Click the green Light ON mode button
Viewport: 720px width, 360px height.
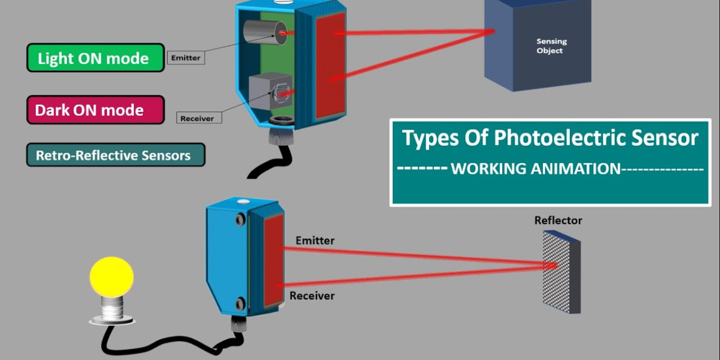point(95,58)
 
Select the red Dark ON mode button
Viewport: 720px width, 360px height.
point(95,110)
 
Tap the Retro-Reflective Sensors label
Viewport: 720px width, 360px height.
point(115,155)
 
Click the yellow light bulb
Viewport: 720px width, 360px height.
point(112,275)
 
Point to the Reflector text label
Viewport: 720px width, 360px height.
point(558,220)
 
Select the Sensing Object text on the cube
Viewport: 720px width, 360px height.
point(551,46)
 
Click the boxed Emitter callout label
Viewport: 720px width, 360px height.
point(186,58)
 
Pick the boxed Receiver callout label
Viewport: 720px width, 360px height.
point(197,118)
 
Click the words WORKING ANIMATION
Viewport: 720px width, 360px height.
point(536,169)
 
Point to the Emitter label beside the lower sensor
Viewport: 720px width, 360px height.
point(315,240)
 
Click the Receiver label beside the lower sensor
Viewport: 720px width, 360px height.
point(312,296)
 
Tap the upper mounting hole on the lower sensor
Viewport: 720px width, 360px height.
point(240,220)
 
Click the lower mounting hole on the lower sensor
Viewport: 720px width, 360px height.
point(240,304)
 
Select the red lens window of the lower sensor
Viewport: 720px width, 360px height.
point(274,260)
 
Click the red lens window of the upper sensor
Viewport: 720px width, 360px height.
point(330,65)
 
